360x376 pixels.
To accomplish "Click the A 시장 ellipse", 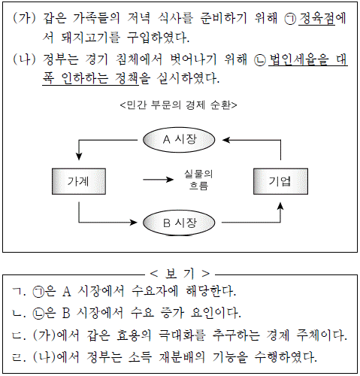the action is [179, 140].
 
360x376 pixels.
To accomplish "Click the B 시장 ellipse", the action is [179, 223].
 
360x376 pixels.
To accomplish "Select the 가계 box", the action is [79, 181].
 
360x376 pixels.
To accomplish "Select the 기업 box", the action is [280, 181].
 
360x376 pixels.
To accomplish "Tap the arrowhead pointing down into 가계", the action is [79, 156].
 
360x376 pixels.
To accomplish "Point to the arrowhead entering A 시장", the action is [226, 140].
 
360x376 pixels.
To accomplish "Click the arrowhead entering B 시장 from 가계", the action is [133, 223].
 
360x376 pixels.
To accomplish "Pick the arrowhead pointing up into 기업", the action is [280, 206].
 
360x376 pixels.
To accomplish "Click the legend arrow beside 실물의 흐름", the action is [159, 180].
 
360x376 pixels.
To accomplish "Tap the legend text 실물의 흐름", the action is [198, 180].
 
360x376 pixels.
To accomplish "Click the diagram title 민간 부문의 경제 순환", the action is [179, 105].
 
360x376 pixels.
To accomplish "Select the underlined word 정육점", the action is [316, 18].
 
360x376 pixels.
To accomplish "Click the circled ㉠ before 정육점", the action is [290, 19].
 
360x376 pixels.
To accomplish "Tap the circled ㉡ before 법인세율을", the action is [260, 60].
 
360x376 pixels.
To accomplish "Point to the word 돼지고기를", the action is [90, 38].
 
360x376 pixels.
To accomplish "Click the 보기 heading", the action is [180, 274].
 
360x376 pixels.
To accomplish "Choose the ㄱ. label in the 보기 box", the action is [19, 292].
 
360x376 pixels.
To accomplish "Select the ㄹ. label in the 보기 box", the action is [19, 357].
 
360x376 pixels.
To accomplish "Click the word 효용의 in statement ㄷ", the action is [134, 335].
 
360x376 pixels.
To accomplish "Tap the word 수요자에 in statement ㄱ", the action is [155, 291].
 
